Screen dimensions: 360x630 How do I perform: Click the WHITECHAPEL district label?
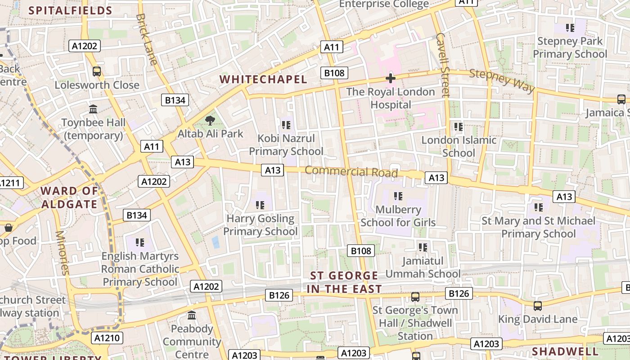pyautogui.click(x=263, y=80)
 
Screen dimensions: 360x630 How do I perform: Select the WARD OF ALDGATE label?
pyautogui.click(x=69, y=198)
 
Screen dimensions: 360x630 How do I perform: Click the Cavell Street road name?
pyautogui.click(x=442, y=65)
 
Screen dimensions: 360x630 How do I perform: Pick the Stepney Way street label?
pyautogui.click(x=502, y=81)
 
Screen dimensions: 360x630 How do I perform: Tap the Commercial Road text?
pyautogui.click(x=351, y=171)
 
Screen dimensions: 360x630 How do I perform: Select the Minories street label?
pyautogui.click(x=63, y=252)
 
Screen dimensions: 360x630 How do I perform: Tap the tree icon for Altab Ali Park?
pyautogui.click(x=210, y=120)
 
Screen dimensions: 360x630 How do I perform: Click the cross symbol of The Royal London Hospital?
pyautogui.click(x=391, y=78)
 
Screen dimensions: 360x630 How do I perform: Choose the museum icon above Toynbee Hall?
pyautogui.click(x=94, y=109)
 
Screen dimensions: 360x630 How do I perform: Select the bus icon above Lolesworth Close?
pyautogui.click(x=96, y=71)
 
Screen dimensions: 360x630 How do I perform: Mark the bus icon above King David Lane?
pyautogui.click(x=538, y=306)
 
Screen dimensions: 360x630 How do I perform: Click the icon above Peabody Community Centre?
pyautogui.click(x=192, y=315)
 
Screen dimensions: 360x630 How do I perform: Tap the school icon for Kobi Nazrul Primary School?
pyautogui.click(x=286, y=125)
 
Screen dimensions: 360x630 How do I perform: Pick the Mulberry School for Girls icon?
pyautogui.click(x=398, y=196)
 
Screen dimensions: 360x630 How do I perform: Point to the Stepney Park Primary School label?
pyautogui.click(x=570, y=48)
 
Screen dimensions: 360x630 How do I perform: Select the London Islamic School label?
pyautogui.click(x=459, y=146)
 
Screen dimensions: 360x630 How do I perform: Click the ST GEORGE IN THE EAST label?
pyautogui.click(x=344, y=282)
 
